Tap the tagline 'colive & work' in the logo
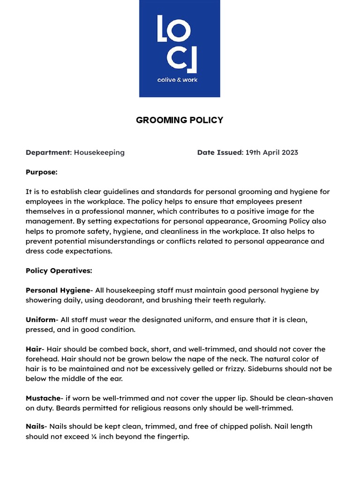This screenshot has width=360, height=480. (x=177, y=80)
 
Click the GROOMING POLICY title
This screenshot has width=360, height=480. (x=180, y=120)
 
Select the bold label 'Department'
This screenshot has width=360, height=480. (x=47, y=152)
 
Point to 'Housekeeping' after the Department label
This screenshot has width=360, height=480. (x=99, y=152)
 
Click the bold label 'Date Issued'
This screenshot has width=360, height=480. (x=218, y=152)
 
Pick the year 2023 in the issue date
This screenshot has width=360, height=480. (x=288, y=152)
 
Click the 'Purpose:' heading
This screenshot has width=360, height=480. (x=41, y=172)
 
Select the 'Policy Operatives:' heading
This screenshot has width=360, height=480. (x=59, y=270)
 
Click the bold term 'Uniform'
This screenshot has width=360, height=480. (x=40, y=320)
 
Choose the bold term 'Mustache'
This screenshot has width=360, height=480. (x=43, y=398)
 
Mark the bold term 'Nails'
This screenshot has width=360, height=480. (x=36, y=427)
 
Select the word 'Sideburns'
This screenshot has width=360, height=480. (x=267, y=369)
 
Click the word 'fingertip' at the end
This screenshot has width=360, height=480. (x=172, y=437)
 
